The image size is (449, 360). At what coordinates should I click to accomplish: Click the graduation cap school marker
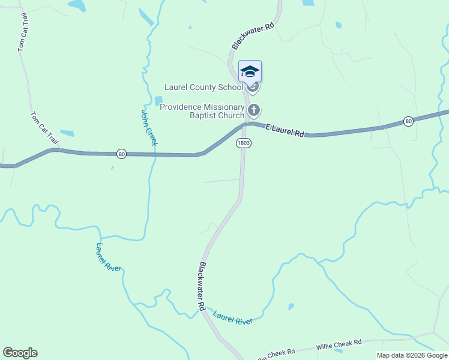point(250,72)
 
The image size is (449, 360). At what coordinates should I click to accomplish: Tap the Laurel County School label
point(204,88)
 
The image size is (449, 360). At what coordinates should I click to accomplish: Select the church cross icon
point(254,110)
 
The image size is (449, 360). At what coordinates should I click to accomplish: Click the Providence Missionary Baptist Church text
point(202,111)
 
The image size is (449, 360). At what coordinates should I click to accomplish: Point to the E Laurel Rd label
point(286,130)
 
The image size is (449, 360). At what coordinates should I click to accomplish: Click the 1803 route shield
point(243,143)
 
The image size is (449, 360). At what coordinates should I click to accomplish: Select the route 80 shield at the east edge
point(408,121)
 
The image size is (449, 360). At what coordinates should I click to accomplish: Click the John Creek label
point(149,127)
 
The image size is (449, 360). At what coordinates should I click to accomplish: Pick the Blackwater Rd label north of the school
point(253,36)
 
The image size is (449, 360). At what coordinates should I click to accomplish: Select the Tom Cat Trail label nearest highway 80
point(46,128)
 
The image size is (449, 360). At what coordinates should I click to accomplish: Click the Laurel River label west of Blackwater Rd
point(109,257)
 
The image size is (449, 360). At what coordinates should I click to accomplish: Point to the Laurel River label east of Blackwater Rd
point(233,318)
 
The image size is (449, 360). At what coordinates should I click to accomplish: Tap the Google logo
point(20,353)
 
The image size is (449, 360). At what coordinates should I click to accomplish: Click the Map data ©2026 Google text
point(412,355)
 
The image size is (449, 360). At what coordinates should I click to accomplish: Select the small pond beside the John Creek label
point(158,101)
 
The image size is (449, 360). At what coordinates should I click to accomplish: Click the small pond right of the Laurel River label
point(291,307)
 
